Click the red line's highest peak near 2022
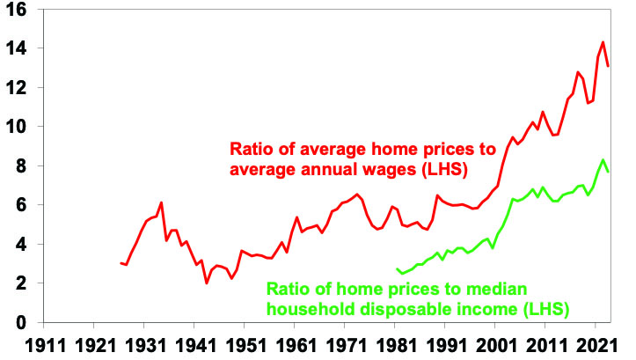pyautogui.click(x=603, y=42)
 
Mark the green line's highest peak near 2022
pyautogui.click(x=603, y=160)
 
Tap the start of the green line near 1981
pyautogui.click(x=398, y=269)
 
